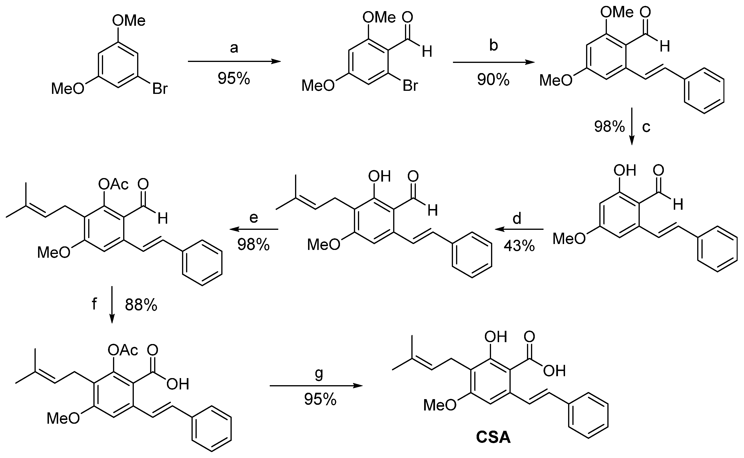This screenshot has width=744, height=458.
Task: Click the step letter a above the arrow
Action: pos(234,48)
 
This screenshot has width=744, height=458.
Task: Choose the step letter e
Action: pos(253,218)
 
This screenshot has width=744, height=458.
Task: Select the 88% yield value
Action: pos(141,305)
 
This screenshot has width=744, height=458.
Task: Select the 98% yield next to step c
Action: pos(609,126)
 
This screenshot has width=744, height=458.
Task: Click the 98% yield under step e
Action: pos(253,244)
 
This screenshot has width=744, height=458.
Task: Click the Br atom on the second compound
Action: pos(410,86)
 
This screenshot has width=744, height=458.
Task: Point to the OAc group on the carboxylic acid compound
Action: pos(123,350)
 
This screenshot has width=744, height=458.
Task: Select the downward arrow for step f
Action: pos(112,304)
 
